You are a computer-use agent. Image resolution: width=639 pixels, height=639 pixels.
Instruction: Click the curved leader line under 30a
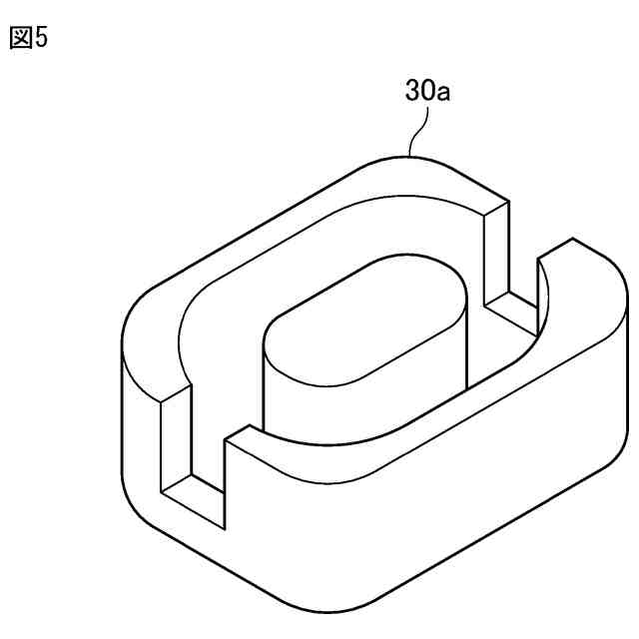pos(421,131)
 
